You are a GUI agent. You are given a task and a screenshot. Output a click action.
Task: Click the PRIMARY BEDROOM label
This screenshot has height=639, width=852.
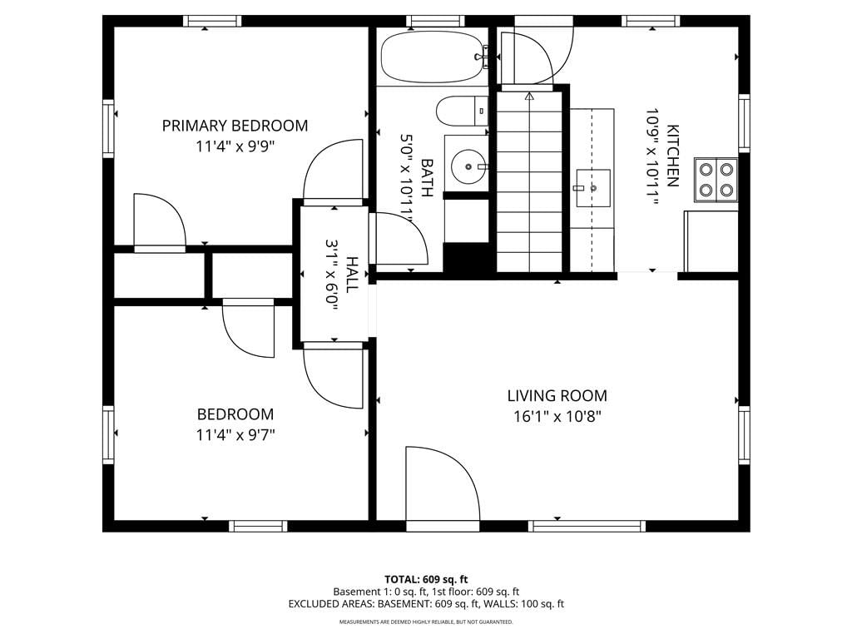[x=235, y=126]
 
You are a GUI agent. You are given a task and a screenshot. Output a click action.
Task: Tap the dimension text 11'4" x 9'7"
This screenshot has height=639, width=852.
[x=235, y=435]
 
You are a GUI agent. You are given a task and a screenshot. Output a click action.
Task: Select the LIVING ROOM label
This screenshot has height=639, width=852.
[x=557, y=395]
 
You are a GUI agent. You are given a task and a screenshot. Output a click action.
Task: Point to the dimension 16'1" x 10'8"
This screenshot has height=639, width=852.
[x=557, y=417]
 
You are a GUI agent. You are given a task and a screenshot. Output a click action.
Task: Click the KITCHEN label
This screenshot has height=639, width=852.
[x=672, y=156]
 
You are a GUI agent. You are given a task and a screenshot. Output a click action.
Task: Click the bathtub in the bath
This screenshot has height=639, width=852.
[x=432, y=57]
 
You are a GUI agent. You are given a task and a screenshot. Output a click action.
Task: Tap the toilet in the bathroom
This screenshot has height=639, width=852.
[x=463, y=111]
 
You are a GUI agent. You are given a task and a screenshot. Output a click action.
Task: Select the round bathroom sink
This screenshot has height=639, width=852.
[x=468, y=166]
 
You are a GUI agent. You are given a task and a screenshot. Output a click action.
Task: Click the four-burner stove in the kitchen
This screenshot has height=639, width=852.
[x=716, y=180]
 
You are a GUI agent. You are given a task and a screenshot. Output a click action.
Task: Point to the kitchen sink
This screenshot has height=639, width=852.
[x=593, y=188]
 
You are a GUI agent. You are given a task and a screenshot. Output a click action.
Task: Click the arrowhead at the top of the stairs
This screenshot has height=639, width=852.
[x=529, y=97]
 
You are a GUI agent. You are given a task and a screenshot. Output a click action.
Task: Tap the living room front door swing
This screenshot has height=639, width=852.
[x=443, y=483]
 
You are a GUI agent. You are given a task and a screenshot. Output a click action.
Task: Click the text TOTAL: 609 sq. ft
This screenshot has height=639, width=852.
[x=426, y=579]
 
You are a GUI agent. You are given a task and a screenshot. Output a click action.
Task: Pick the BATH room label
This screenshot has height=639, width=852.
[x=427, y=178]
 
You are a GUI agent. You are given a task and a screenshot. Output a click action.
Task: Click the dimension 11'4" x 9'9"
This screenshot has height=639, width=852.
[x=235, y=146]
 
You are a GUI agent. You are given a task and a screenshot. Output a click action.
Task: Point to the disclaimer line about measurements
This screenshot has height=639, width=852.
[x=426, y=622]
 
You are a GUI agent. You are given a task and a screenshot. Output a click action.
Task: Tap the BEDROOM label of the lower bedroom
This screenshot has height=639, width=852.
[x=235, y=414]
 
